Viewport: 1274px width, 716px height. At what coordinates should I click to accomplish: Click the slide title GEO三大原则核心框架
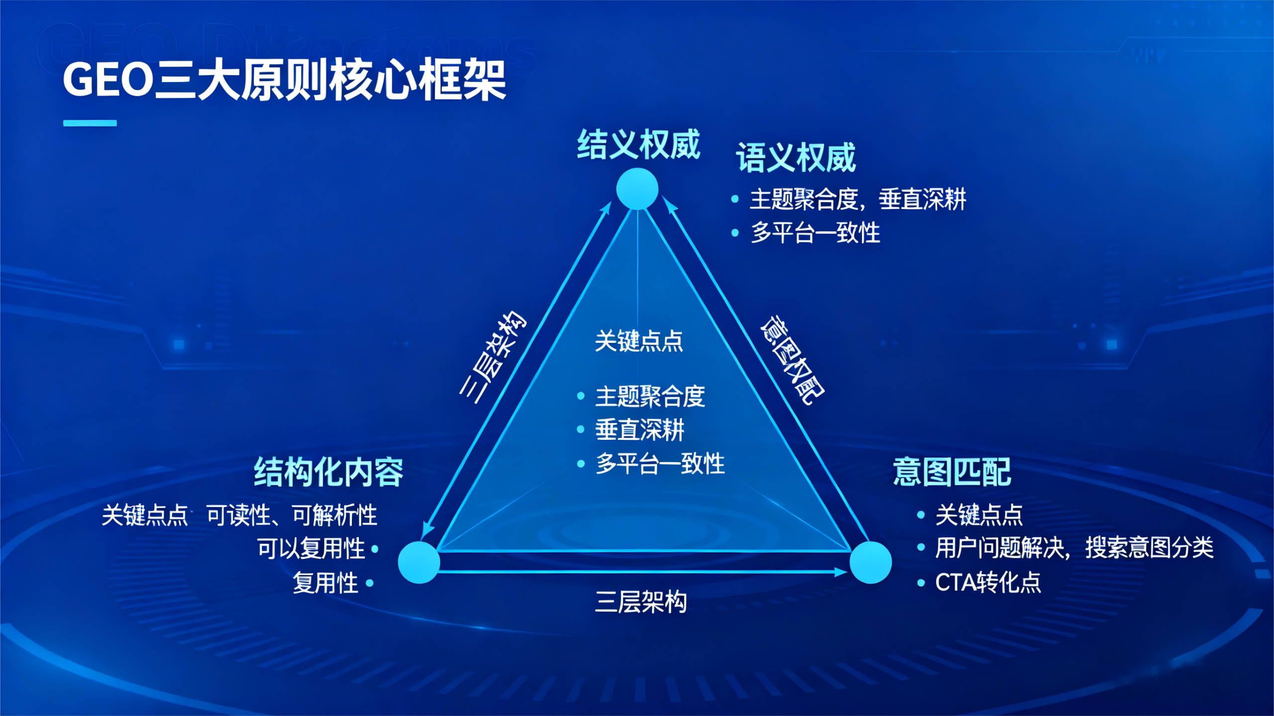[x=284, y=80]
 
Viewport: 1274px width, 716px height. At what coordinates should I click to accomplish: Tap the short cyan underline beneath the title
[x=90, y=123]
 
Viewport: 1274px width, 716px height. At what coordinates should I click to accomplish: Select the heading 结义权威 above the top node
[x=638, y=145]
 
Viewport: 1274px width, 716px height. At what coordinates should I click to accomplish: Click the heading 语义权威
[x=796, y=158]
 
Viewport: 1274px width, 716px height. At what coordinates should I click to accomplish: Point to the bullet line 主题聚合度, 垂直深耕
[x=857, y=200]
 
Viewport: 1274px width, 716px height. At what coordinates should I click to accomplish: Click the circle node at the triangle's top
[x=637, y=189]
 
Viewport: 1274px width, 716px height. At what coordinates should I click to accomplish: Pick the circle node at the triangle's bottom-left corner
[x=419, y=562]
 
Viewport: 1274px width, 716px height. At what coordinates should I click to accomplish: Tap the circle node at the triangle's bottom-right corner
[x=870, y=562]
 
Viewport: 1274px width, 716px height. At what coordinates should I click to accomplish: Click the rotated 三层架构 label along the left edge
[x=492, y=357]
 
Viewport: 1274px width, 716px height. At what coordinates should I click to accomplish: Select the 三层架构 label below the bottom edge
[x=641, y=602]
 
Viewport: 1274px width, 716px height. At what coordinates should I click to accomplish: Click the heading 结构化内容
[x=328, y=472]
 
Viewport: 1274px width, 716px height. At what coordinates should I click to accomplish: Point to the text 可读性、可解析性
[x=292, y=515]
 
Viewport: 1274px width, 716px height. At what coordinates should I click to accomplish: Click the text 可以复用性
[x=311, y=549]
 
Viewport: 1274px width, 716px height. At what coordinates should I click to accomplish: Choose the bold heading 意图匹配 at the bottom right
[x=952, y=472]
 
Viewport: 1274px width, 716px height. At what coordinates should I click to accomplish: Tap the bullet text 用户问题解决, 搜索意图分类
[x=1074, y=548]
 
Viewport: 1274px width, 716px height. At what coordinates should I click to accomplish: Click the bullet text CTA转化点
[x=988, y=582]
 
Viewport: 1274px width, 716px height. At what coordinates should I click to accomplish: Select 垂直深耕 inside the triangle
[x=639, y=430]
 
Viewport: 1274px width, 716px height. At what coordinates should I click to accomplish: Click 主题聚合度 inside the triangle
[x=650, y=397]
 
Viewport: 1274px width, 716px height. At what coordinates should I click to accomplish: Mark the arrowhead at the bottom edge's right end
[x=841, y=572]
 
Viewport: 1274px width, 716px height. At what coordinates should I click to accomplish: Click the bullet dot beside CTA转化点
[x=921, y=583]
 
